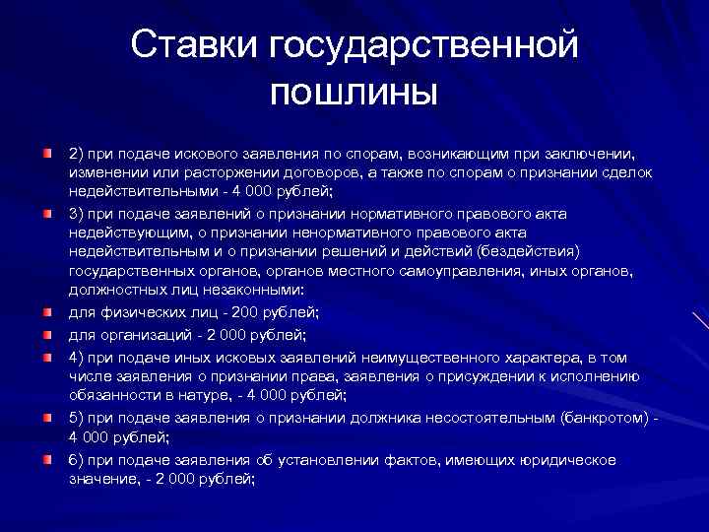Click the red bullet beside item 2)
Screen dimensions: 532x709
coord(47,155)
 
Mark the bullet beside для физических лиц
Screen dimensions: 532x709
coord(47,311)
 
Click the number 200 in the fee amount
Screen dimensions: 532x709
coord(246,312)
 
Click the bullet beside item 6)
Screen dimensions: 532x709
coord(47,460)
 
